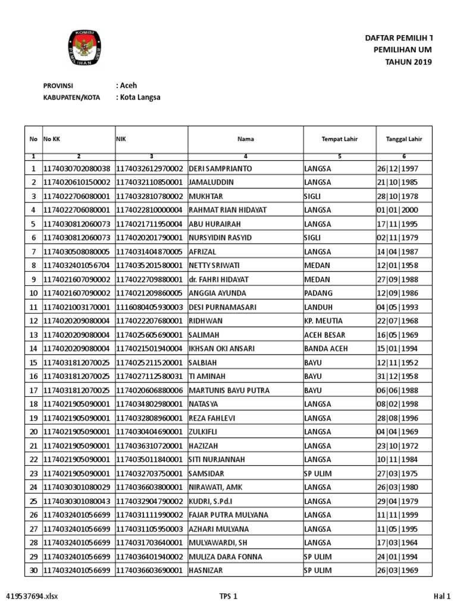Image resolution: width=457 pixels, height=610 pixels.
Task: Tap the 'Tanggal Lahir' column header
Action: (x=403, y=139)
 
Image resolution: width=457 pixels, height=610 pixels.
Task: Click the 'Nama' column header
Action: (x=246, y=139)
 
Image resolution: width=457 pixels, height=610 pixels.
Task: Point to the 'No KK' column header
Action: (x=52, y=139)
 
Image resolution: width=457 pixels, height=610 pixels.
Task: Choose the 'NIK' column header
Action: (x=121, y=139)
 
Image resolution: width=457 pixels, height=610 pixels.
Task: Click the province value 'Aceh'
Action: (x=128, y=85)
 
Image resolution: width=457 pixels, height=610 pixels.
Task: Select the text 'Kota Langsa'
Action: (x=140, y=97)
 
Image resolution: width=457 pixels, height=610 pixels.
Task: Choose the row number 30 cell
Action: (x=33, y=571)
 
